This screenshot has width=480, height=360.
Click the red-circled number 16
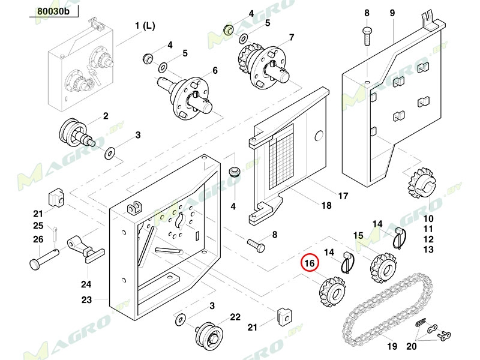pos(310,263)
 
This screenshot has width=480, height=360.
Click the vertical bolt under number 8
pos(367,34)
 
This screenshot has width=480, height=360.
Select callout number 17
pos(343,196)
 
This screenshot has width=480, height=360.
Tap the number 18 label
pos(325,206)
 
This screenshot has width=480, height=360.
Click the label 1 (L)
pos(144,26)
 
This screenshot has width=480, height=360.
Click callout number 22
pos(235,317)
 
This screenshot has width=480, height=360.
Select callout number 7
pos(292,37)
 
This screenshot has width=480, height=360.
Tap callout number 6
pos(215,71)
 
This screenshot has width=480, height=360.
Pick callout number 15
pos(358,235)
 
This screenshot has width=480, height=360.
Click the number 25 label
pos(38,226)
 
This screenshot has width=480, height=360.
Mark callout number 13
pos(428,249)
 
